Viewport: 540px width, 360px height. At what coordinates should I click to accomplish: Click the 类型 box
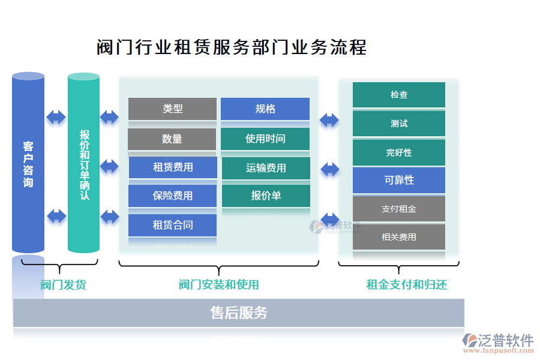pos(172,109)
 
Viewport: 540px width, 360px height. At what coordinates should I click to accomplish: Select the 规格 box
pos(265,109)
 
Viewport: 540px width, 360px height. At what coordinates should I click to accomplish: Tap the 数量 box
pos(172,139)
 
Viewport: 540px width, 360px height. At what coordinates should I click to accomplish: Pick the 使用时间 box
pos(265,139)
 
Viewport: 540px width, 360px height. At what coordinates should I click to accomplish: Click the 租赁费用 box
pos(173,167)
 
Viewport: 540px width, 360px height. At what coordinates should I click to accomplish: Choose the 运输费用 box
pos(266,168)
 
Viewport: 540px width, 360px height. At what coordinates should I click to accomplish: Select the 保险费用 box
pos(173,196)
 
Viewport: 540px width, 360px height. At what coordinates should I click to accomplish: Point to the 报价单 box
pos(266,196)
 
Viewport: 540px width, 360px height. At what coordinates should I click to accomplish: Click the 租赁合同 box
pos(173,225)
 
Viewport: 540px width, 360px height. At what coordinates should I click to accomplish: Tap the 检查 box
pos(399,95)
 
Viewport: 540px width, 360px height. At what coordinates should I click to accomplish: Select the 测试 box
pos(399,124)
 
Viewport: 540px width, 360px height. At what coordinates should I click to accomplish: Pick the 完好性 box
pos(399,152)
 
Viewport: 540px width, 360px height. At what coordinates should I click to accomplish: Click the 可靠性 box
pos(399,180)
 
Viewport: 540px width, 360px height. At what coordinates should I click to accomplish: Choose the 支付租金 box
pos(399,209)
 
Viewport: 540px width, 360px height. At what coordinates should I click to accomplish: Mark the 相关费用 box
pos(399,237)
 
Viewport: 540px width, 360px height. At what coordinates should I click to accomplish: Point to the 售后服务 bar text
pos(239,313)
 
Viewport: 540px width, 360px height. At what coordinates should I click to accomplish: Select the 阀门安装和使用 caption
pos(218,284)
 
